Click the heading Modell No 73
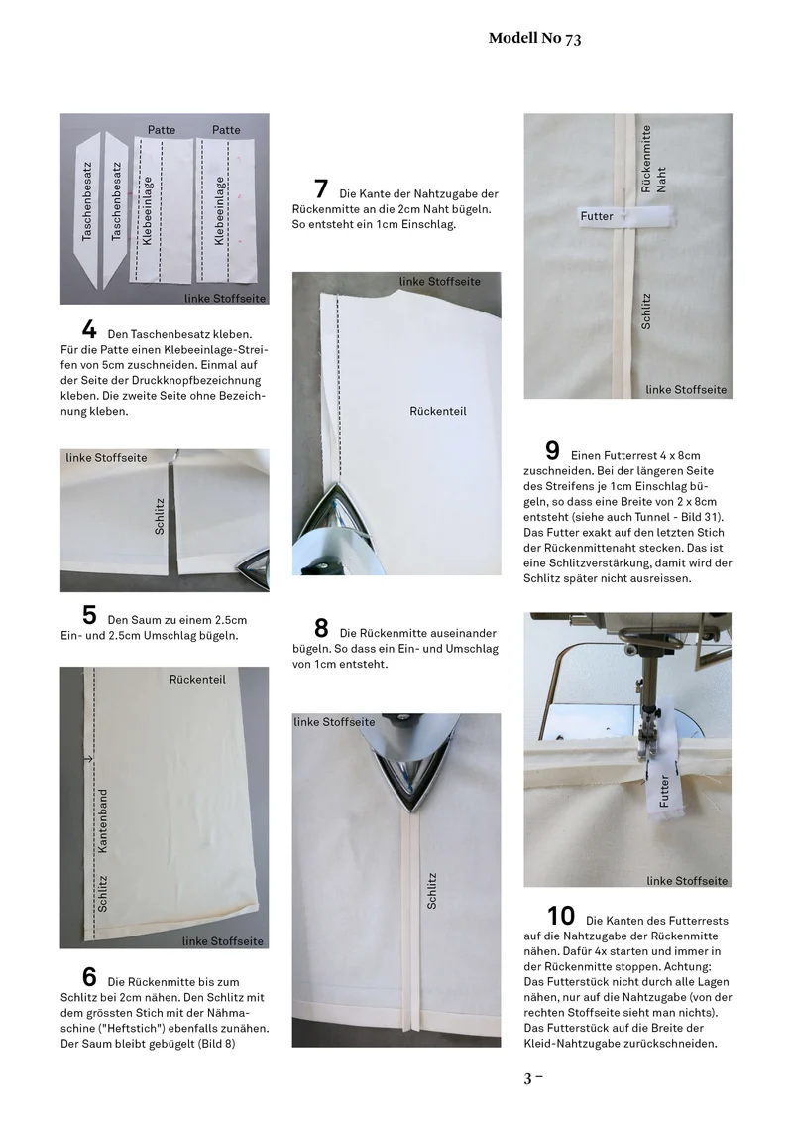tap(534, 38)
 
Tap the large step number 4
tap(89, 330)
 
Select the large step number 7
tap(321, 189)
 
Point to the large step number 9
tap(552, 450)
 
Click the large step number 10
tap(561, 916)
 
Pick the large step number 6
tap(89, 977)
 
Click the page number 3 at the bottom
tap(528, 1078)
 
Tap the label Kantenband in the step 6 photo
tap(102, 820)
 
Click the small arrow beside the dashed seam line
tap(89, 759)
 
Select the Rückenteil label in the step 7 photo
tap(438, 411)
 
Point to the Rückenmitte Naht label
tap(653, 160)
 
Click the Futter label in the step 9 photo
tap(597, 216)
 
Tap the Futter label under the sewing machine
tap(664, 791)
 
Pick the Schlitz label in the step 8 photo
tap(431, 891)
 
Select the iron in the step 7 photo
tap(336, 530)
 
